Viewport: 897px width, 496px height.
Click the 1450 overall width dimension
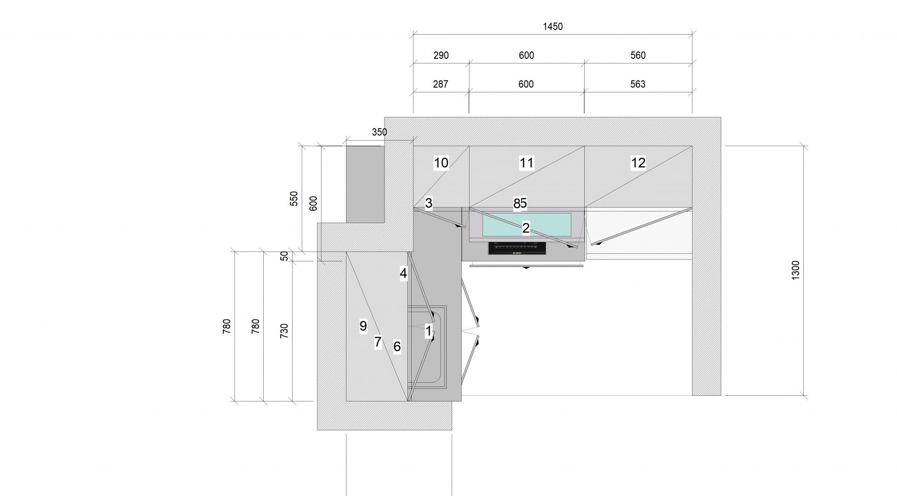pos(552,27)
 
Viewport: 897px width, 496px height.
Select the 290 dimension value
pos(441,56)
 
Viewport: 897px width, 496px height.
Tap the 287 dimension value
pos(441,84)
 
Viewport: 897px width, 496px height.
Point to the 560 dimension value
pos(638,56)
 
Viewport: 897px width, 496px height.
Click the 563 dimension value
pos(638,84)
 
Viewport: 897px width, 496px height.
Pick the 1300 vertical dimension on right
pos(796,270)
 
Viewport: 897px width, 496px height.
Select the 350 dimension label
pos(379,132)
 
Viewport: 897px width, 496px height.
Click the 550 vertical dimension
pos(294,198)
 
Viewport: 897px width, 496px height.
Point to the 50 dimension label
pos(285,256)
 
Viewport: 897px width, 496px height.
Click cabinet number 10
pos(441,163)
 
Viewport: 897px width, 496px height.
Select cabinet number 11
pos(526,163)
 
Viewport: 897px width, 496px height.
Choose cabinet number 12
pos(638,163)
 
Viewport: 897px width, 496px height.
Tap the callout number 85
pos(520,203)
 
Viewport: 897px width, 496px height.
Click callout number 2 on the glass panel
pos(526,228)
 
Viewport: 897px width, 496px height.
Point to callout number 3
pos(429,203)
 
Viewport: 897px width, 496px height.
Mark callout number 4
pos(403,274)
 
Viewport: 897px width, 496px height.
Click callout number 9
pos(363,326)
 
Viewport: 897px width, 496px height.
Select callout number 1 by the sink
pos(429,331)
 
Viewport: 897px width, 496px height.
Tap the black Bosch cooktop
pos(517,249)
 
